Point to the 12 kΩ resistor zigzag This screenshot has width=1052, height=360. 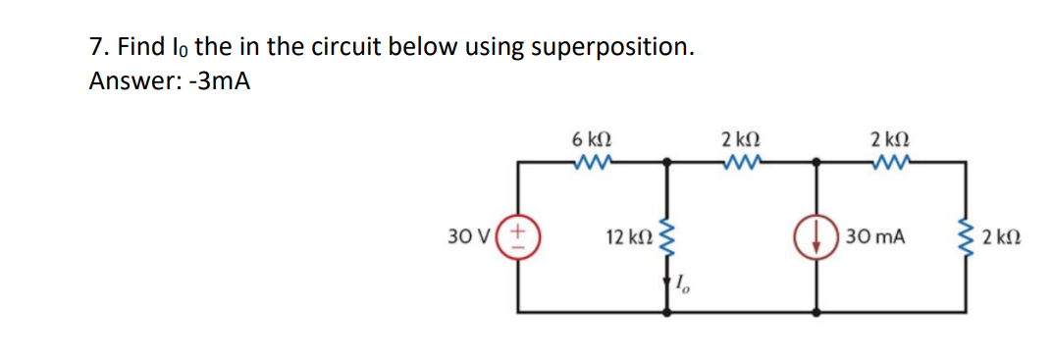[669, 236]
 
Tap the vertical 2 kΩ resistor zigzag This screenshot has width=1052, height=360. [965, 236]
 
